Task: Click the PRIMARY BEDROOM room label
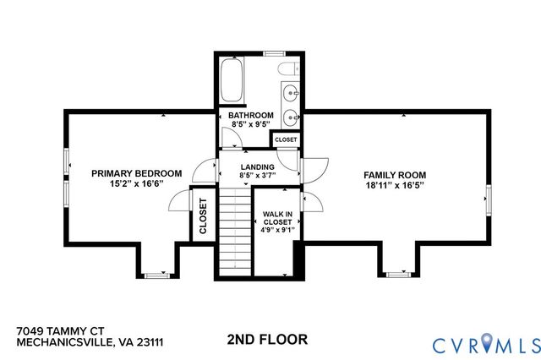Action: (136, 173)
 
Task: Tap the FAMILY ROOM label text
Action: (394, 173)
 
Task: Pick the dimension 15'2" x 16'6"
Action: (136, 183)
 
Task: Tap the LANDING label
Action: (257, 166)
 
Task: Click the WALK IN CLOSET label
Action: (277, 215)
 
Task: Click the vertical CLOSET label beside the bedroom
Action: (203, 215)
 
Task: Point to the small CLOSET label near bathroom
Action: (286, 139)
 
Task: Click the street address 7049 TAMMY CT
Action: (58, 333)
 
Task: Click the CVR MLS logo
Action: (485, 343)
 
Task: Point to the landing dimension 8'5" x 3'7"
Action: (257, 176)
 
